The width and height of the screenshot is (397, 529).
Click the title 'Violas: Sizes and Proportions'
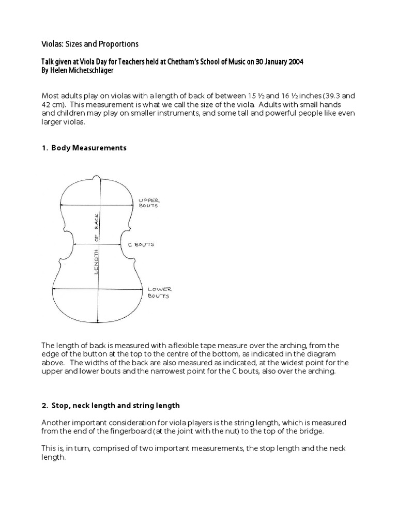click(89, 44)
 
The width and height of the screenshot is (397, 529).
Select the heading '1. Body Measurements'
click(83, 148)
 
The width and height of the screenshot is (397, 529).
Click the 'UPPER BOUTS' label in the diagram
click(148, 203)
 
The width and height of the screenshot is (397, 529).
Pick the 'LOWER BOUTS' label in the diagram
click(160, 292)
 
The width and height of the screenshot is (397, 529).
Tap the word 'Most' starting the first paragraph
click(50, 97)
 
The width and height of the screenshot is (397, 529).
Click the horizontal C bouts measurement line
click(98, 244)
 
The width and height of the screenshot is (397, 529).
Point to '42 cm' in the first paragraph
click(52, 105)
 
